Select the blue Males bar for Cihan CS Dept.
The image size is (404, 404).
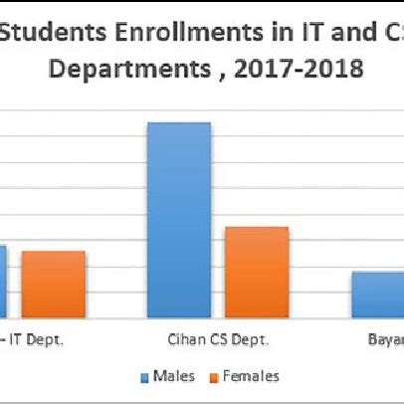[179, 220]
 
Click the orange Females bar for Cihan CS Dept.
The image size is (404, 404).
[256, 272]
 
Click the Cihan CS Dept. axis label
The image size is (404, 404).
[218, 339]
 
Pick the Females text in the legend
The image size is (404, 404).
[250, 376]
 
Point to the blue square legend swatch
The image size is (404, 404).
[144, 377]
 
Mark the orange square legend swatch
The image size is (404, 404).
[212, 377]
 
